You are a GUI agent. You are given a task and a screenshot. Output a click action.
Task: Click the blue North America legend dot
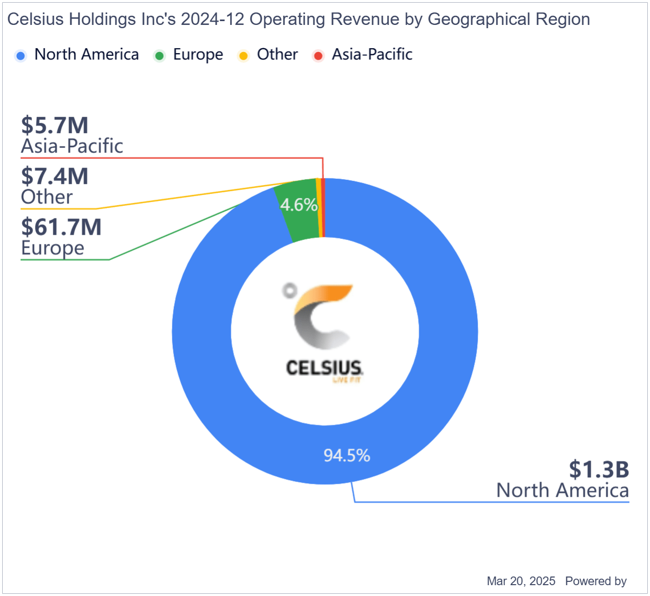click(x=21, y=55)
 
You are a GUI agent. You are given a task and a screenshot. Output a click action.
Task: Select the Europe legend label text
click(x=198, y=55)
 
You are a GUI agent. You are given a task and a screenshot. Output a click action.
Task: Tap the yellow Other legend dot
click(x=244, y=55)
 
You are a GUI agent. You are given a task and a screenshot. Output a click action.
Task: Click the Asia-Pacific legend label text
click(x=372, y=55)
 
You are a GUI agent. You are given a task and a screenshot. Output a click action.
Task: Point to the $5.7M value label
click(x=55, y=126)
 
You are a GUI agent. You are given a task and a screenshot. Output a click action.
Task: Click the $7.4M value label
click(x=55, y=177)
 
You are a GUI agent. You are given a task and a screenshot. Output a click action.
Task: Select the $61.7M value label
click(x=61, y=228)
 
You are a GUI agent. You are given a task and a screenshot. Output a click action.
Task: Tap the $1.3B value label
click(x=599, y=470)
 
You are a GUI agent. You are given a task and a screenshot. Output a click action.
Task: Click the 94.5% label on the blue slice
click(x=347, y=456)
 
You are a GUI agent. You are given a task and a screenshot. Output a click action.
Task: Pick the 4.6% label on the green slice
click(x=298, y=205)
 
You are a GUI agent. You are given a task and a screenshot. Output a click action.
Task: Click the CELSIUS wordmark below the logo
click(x=324, y=368)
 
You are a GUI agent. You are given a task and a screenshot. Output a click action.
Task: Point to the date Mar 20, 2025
click(x=521, y=581)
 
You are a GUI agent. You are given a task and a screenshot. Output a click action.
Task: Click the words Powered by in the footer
click(x=596, y=581)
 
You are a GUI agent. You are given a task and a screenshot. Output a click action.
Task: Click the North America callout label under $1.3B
click(x=562, y=490)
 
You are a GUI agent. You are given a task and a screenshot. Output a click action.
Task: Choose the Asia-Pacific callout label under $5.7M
click(x=72, y=146)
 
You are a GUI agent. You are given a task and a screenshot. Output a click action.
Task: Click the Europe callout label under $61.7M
click(x=53, y=248)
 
